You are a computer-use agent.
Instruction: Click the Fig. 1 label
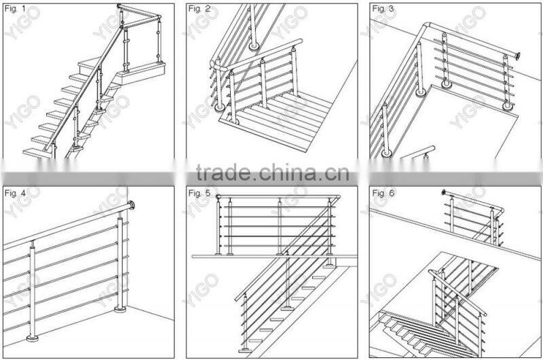(15, 9)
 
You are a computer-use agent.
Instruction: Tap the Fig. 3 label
(382, 9)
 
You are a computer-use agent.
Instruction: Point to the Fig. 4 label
(15, 193)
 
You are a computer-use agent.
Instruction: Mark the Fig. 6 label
(382, 193)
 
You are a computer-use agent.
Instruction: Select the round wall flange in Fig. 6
(445, 193)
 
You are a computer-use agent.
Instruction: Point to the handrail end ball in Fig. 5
(219, 198)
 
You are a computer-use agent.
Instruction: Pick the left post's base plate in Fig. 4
(33, 338)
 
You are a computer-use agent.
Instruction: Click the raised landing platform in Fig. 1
(139, 67)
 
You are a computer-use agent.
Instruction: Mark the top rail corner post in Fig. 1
(121, 8)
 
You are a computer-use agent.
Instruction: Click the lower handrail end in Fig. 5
(238, 298)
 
